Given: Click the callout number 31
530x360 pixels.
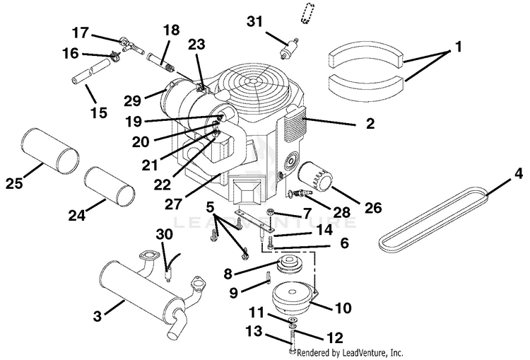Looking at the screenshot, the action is click(254, 21).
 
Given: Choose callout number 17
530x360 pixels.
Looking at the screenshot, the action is click(81, 33).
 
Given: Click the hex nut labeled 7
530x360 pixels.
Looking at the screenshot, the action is click(270, 212).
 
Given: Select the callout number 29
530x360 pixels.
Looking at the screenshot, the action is click(133, 100).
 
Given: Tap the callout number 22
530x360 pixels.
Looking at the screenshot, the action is click(163, 185).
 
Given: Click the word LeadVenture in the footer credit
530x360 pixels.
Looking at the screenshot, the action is click(361, 353).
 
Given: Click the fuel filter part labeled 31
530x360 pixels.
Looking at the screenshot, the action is click(288, 48).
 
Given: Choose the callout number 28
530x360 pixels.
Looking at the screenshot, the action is click(341, 212).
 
